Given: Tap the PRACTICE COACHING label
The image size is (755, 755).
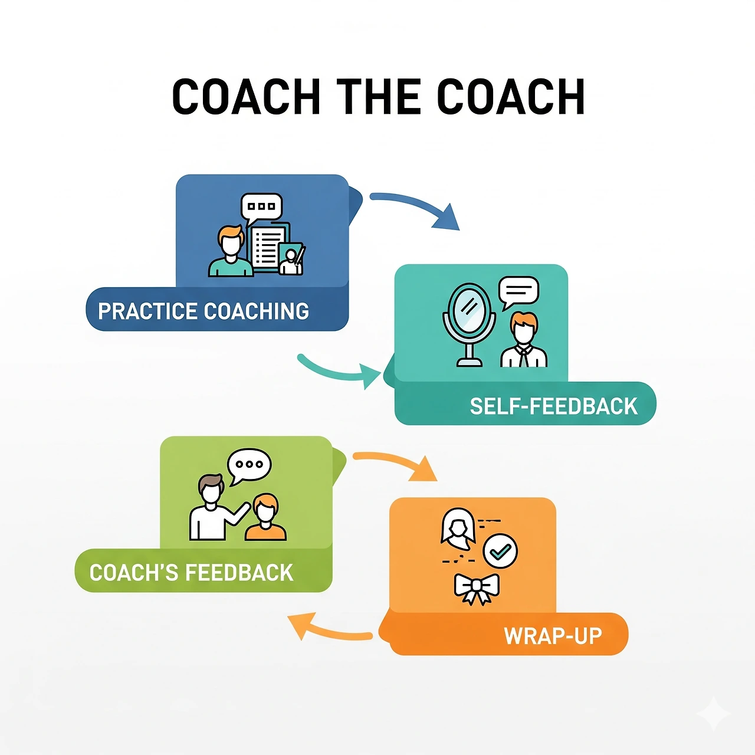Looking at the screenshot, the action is coord(203,311).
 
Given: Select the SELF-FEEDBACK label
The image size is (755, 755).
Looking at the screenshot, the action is coord(553,406).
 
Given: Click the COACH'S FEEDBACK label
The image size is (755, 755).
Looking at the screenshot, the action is coord(191,572).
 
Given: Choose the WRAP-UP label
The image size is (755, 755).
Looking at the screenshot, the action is coord(553,636).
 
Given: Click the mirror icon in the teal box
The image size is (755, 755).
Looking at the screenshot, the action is coord(470,321).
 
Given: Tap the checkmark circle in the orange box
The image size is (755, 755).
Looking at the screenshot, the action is coord(500,551).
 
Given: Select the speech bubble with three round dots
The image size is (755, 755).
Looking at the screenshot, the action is coord(250,465).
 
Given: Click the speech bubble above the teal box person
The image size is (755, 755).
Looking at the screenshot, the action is coord(518,291).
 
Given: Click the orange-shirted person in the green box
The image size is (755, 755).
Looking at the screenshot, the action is coord(265,519).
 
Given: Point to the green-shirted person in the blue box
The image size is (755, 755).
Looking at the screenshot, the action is coord(231,252).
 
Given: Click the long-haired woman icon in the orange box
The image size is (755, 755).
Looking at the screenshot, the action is coord(458,526).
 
